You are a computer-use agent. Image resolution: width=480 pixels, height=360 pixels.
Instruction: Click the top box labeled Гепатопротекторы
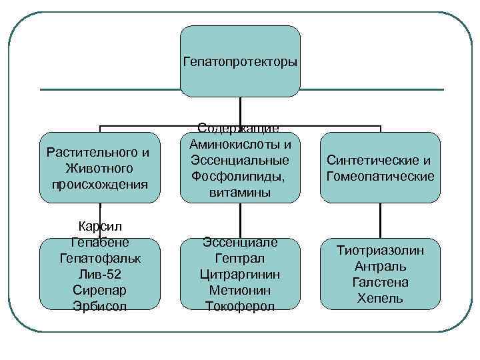(240, 61)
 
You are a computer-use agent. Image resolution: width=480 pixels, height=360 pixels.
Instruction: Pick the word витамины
(240, 192)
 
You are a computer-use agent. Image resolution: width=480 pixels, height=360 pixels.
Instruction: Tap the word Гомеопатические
(381, 176)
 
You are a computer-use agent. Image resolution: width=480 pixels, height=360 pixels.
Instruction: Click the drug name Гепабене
(100, 241)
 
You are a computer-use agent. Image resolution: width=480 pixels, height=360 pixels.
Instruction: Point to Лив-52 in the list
(100, 273)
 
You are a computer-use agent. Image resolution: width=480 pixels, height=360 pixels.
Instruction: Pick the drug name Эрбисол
(100, 305)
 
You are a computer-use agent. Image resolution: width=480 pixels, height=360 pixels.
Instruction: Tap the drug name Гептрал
(240, 258)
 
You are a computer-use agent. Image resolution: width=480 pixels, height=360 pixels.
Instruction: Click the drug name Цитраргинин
(240, 274)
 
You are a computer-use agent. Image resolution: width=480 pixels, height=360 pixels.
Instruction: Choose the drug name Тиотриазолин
(380, 251)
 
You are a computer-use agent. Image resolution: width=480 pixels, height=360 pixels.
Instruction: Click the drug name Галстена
(380, 282)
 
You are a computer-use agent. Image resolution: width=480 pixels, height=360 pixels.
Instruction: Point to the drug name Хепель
(380, 298)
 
